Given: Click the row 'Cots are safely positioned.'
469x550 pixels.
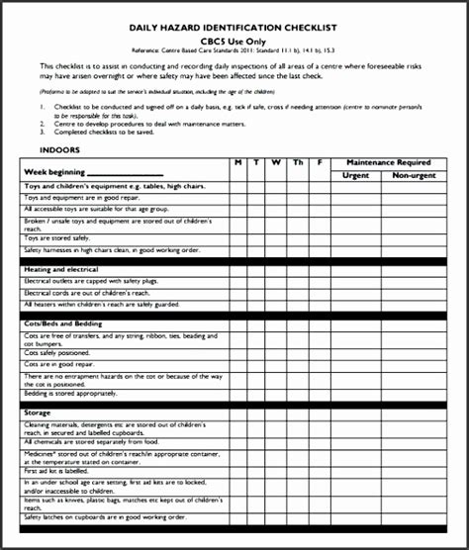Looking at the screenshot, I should (x=63, y=351).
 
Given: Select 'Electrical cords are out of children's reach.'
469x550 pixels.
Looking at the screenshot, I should (x=87, y=294).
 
